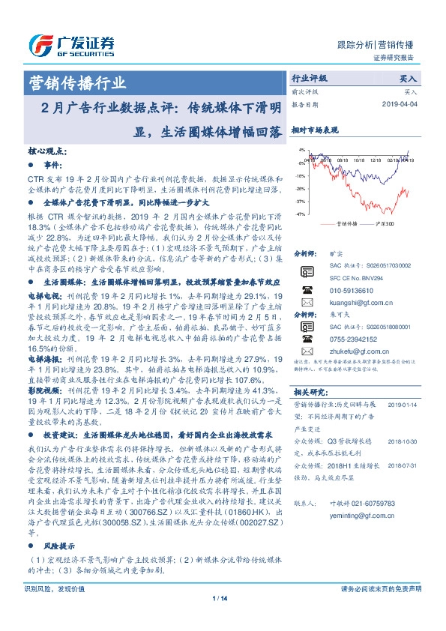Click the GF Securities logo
tap(70, 44)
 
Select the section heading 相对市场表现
tap(314, 130)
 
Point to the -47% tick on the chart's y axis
tap(300, 214)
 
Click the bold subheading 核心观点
tap(47, 151)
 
